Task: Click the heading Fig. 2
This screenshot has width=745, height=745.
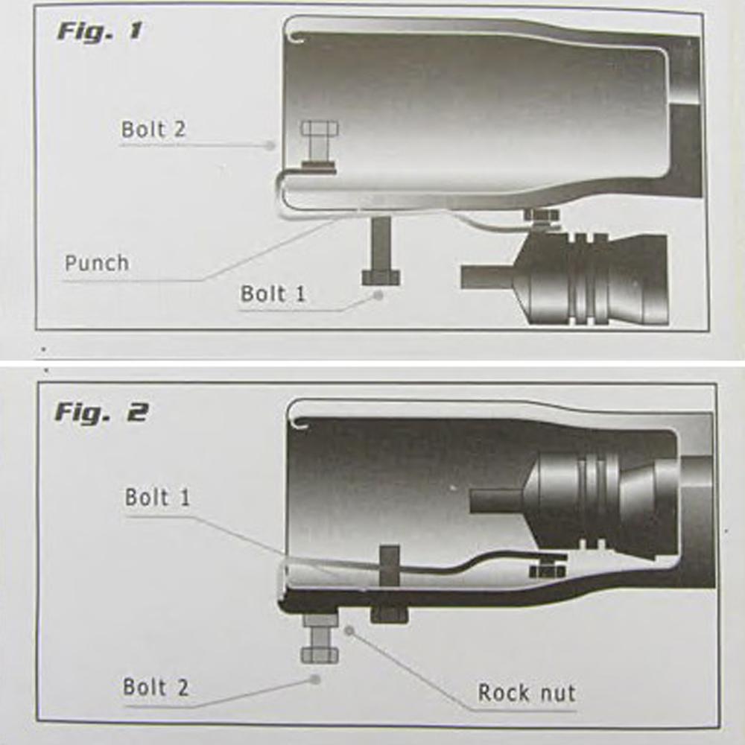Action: pos(101,411)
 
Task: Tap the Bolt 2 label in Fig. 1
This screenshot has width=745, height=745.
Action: pos(153,129)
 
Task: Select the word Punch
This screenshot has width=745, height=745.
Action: pos(96,263)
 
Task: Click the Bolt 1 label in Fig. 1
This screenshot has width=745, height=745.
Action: pos(273,294)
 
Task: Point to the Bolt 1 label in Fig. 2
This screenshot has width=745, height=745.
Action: pos(157,497)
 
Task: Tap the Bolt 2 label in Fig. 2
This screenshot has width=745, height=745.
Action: pos(155,687)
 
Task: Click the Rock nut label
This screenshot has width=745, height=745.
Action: pos(526,693)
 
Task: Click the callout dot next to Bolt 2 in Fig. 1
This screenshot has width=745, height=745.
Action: pos(273,146)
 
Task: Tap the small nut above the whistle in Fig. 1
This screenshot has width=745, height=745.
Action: pos(542,216)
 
